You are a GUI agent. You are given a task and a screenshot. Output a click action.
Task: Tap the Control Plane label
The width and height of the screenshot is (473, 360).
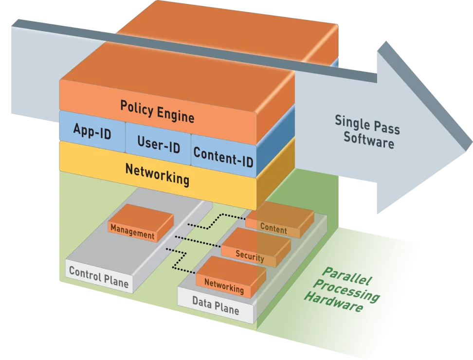99,276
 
